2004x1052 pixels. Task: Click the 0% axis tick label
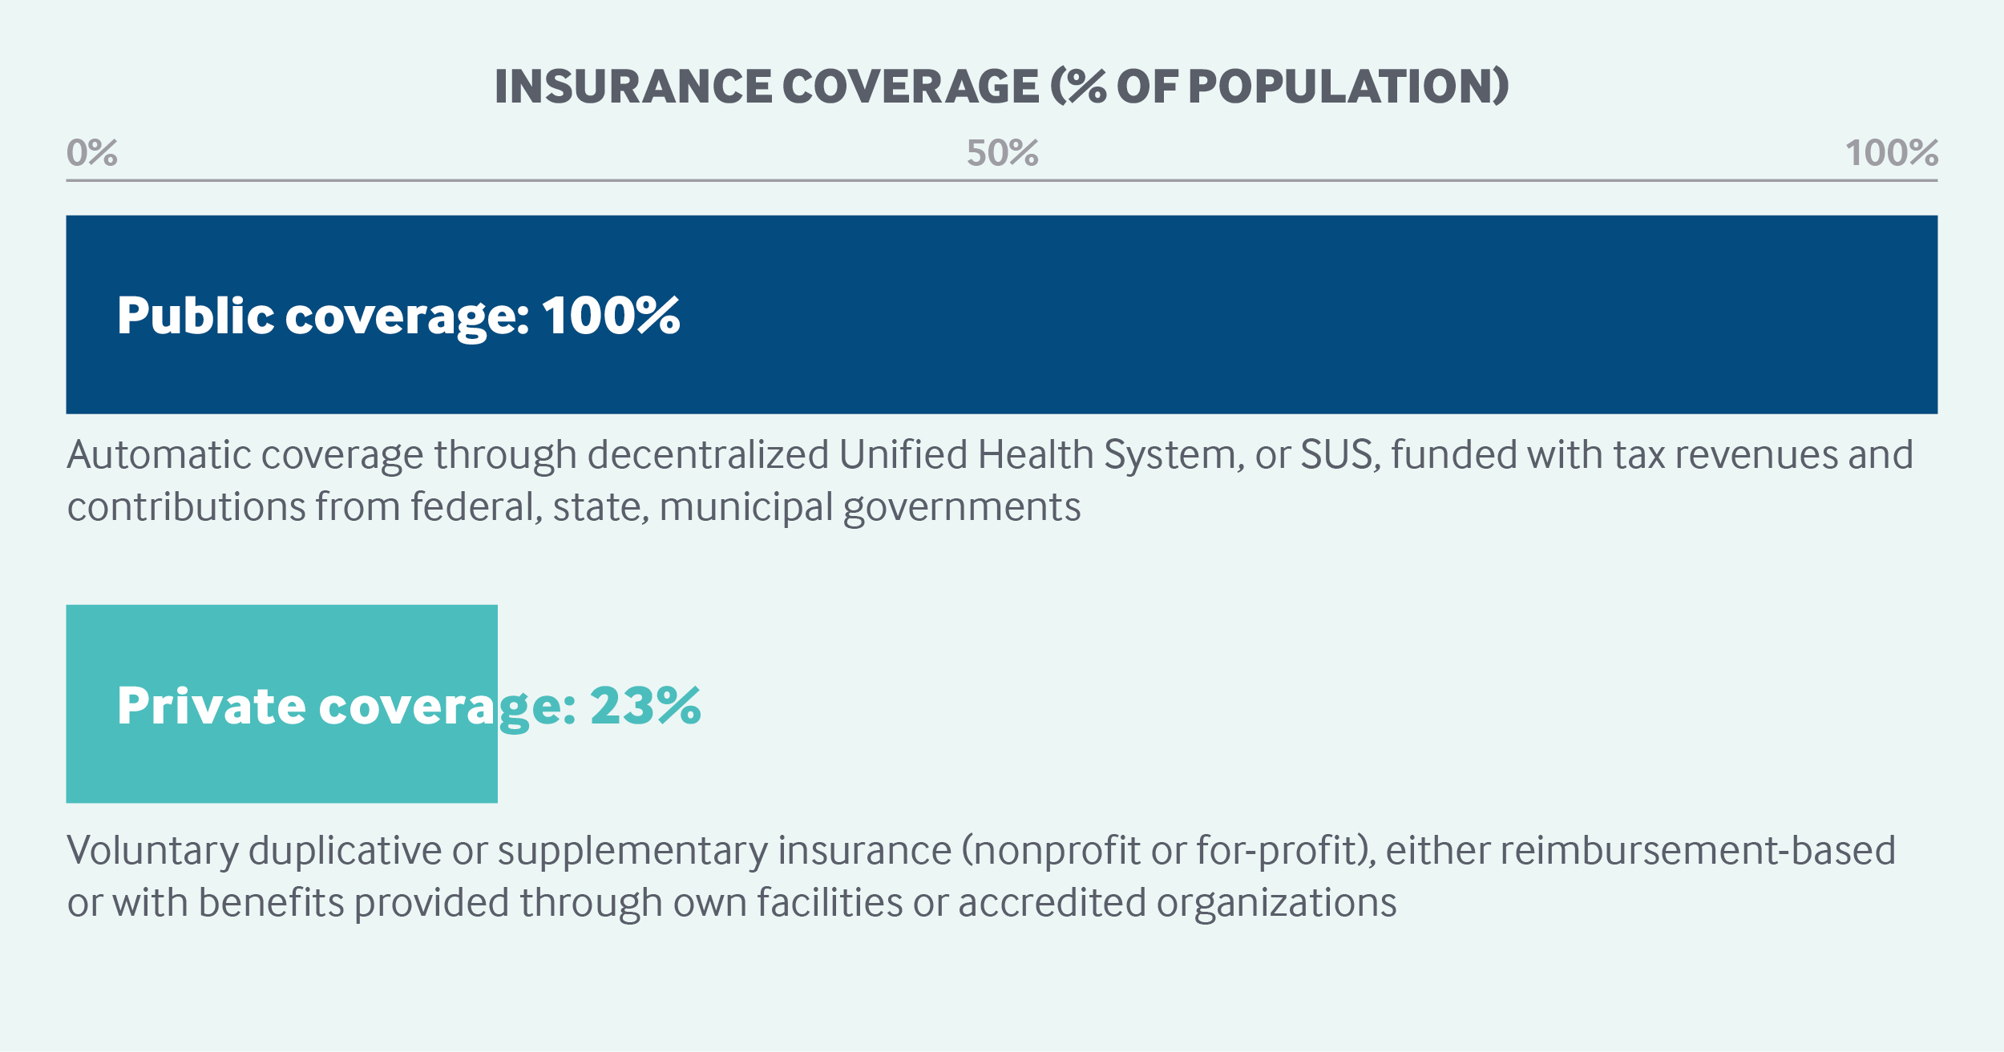coord(92,153)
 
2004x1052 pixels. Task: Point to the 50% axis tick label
coord(1002,153)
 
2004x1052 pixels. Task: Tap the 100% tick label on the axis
coord(1892,153)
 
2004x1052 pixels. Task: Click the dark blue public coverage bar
coord(1002,314)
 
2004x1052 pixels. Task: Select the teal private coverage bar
coord(282,703)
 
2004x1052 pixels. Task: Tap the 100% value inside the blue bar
coord(611,315)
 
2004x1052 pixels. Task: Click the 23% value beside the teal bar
coord(645,706)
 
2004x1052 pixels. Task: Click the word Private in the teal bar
coord(212,706)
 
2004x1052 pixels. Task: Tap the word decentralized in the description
coord(709,455)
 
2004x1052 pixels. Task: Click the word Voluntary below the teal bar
coord(152,852)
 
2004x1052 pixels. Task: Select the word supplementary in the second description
coord(632,852)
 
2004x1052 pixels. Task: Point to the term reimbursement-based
coord(1698,851)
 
